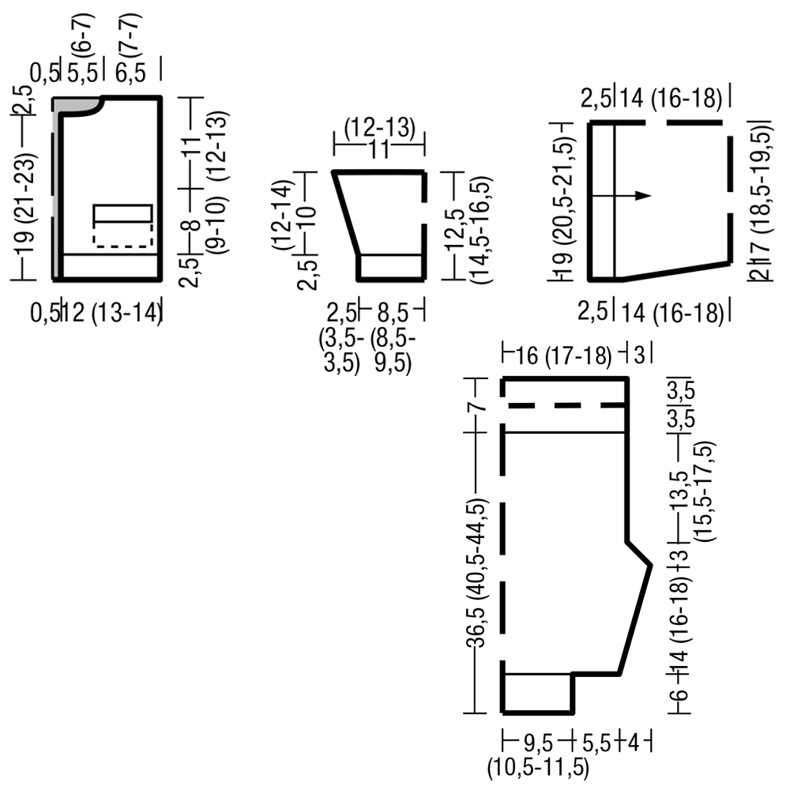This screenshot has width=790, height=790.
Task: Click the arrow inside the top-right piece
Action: click(x=621, y=195)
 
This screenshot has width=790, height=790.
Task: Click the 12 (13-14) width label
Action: click(x=112, y=313)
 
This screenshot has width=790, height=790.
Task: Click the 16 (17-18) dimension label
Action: click(x=563, y=355)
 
